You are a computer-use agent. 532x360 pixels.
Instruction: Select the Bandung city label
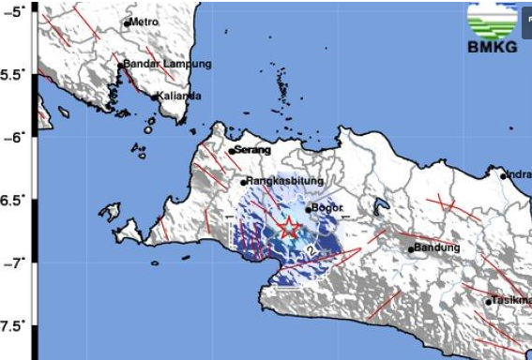[437, 247]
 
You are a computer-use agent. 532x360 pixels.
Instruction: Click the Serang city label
[253, 150]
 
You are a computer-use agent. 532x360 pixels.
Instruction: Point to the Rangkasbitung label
[285, 182]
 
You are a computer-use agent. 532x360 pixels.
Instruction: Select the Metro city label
[145, 21]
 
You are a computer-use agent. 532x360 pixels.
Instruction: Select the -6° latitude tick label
[17, 138]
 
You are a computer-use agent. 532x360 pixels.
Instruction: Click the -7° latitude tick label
[17, 263]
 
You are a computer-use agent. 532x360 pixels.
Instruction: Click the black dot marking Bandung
[411, 249]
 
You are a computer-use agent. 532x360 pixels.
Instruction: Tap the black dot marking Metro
[128, 22]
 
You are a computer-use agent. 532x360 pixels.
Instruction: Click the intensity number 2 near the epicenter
[310, 251]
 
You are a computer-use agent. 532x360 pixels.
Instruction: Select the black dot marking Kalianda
[154, 97]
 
